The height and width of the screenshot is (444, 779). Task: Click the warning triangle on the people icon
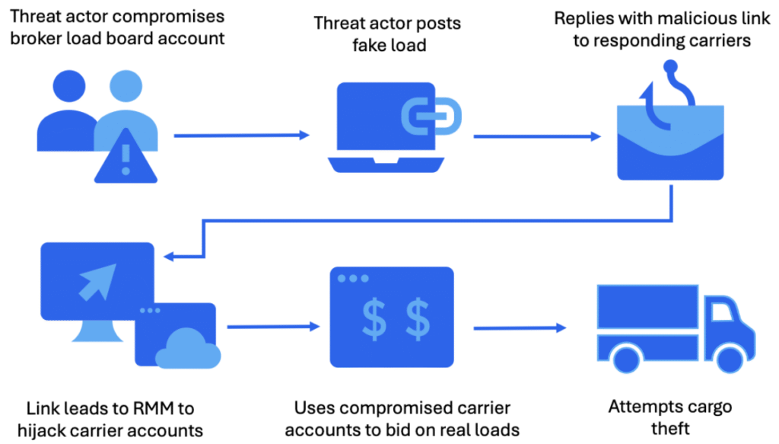(126, 156)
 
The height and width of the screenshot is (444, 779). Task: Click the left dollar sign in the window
(374, 321)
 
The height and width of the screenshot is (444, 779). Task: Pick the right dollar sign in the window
(416, 321)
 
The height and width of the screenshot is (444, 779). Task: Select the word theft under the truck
(670, 428)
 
